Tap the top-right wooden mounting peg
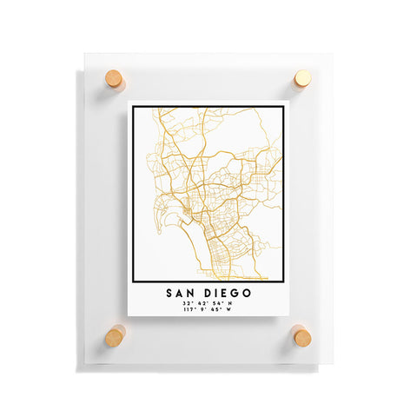click(x=301, y=79)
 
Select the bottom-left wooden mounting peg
click(x=115, y=335)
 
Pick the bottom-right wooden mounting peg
click(x=301, y=335)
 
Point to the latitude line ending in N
click(x=208, y=304)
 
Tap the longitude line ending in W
click(x=208, y=312)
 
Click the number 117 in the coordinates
click(x=189, y=312)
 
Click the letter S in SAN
click(x=165, y=294)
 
